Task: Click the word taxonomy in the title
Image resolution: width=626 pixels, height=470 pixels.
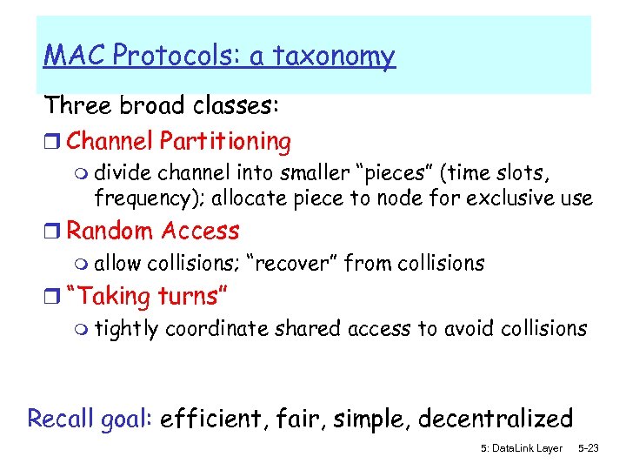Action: click(x=335, y=57)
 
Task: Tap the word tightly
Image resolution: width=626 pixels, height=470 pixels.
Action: click(x=127, y=329)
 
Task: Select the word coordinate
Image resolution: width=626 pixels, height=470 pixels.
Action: click(x=217, y=329)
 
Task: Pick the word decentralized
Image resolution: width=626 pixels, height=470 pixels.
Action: click(x=496, y=419)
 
